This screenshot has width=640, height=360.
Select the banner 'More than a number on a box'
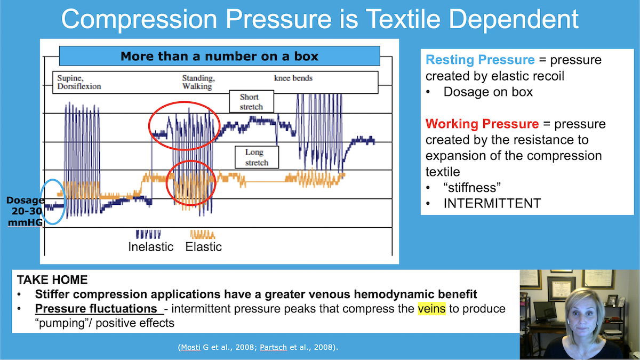219,56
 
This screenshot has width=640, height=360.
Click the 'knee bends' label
293,78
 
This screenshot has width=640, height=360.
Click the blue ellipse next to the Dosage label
54,201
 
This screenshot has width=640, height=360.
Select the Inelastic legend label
151,247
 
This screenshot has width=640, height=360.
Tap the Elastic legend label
204,247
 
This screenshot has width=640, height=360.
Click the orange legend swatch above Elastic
203,234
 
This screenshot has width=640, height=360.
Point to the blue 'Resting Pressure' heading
480,60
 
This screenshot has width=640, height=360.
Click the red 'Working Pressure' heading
482,124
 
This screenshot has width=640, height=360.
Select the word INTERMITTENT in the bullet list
492,203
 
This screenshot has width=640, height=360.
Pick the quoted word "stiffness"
471,187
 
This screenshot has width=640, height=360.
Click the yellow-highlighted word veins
431,309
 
